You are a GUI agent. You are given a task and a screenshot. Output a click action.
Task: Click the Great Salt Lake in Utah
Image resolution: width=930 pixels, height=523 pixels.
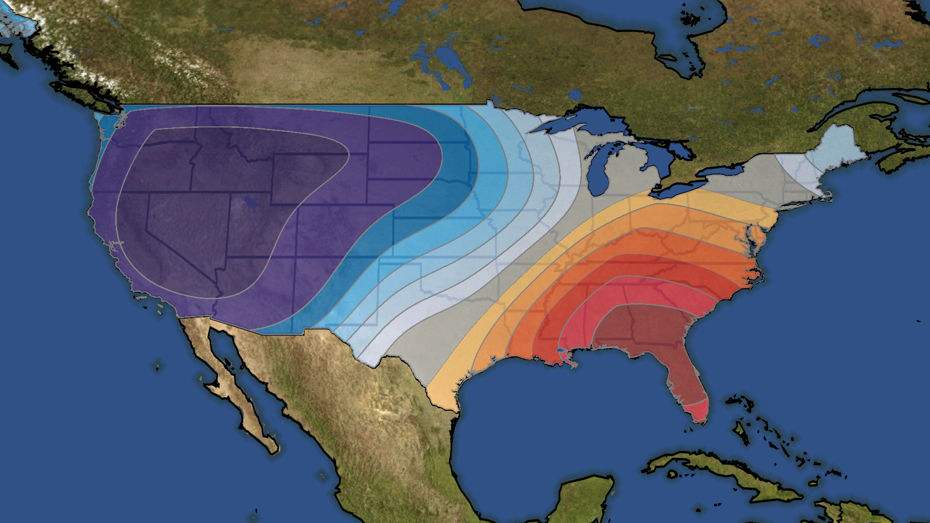click(250, 201)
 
